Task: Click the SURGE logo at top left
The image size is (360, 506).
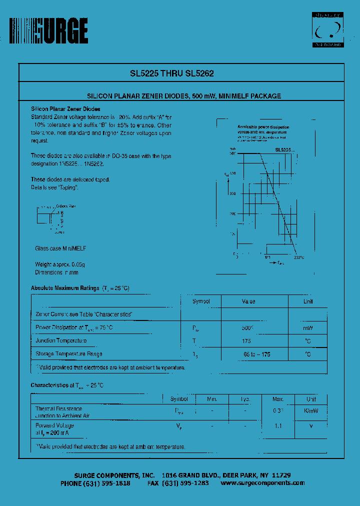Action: click(x=48, y=31)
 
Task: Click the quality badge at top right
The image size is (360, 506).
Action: click(x=327, y=30)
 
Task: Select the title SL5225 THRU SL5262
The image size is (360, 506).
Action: click(x=172, y=73)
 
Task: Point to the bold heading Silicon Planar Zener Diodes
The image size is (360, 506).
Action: click(x=65, y=108)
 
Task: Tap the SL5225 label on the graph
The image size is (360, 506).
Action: click(x=284, y=149)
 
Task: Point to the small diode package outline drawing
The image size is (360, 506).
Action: click(x=50, y=218)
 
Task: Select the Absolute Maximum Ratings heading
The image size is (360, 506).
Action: click(x=65, y=288)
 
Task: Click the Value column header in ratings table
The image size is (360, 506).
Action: click(x=248, y=301)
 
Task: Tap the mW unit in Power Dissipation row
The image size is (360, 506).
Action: click(x=308, y=328)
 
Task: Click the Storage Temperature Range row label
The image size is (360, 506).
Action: click(x=69, y=354)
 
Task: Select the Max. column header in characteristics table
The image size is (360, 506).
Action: click(x=278, y=399)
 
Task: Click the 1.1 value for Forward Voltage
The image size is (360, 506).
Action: click(x=278, y=425)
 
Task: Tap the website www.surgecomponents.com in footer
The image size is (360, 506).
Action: click(x=262, y=483)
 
